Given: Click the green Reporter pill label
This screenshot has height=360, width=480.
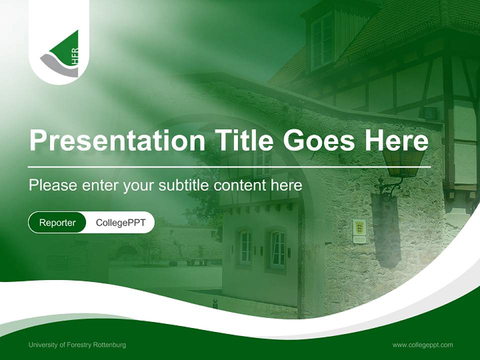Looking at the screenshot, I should (57, 222).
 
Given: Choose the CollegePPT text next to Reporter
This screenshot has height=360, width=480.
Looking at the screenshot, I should (120, 222).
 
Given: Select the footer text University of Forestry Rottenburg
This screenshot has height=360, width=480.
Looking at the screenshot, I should (77, 345).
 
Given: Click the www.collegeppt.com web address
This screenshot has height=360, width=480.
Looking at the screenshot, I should (422, 345).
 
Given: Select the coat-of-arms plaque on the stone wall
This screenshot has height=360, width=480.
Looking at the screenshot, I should (359, 231).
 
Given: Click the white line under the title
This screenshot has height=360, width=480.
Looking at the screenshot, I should (229, 166).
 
